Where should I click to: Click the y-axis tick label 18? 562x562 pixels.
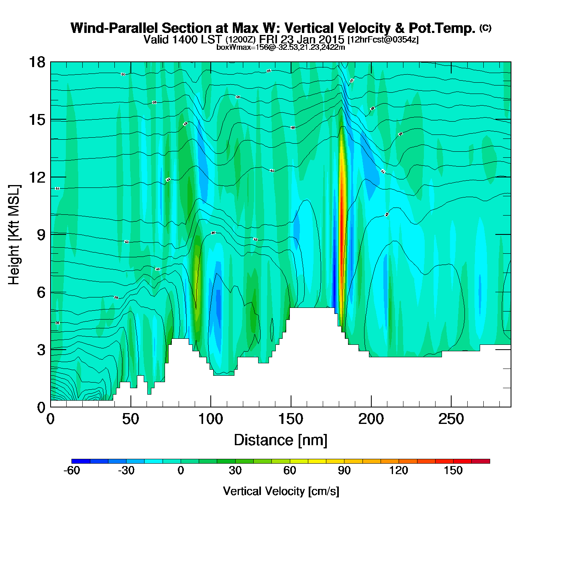(x=37, y=62)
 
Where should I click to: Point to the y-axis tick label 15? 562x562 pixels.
(x=37, y=120)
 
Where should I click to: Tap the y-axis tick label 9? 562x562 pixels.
(x=41, y=235)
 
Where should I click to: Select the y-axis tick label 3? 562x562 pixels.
(x=41, y=350)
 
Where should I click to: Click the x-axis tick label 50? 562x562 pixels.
(x=130, y=419)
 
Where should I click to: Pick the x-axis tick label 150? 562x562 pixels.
(x=291, y=419)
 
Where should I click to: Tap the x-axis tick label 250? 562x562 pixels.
(x=451, y=419)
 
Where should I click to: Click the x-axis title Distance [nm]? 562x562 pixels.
(x=281, y=440)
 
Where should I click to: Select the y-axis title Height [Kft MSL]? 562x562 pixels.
(x=14, y=235)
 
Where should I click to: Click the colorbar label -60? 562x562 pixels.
(x=72, y=470)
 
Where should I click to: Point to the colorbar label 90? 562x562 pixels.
(x=344, y=470)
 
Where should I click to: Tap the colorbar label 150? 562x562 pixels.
(x=453, y=470)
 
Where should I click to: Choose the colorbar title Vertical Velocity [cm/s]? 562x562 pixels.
(x=281, y=491)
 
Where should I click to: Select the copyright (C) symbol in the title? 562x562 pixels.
(x=485, y=28)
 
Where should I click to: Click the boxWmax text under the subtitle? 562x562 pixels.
(x=281, y=47)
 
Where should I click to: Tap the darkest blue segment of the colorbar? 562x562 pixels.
(x=81, y=461)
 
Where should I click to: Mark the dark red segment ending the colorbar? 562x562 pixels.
(x=481, y=461)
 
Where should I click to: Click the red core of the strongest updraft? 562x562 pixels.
(x=342, y=233)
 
